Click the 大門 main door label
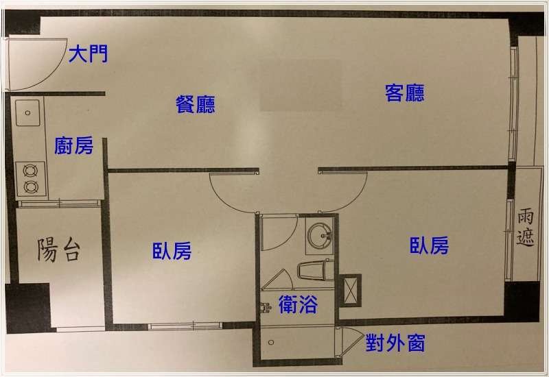pos(89,54)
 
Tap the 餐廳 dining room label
pos(196,104)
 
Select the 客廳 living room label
pos(405,93)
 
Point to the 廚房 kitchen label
pos(74,145)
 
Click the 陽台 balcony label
pos(59,250)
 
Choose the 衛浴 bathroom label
pos(298,304)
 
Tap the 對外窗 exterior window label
pos(396,343)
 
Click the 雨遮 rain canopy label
pos(525,228)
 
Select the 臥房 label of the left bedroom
pos(172,251)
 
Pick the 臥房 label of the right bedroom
pos(430,245)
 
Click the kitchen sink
pos(27,112)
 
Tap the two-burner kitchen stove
pos(30,179)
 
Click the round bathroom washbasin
pos(319,235)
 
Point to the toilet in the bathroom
pos(316,270)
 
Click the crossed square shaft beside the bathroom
pos(351,291)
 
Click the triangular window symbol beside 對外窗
pos(350,341)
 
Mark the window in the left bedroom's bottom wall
pos(185,326)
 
